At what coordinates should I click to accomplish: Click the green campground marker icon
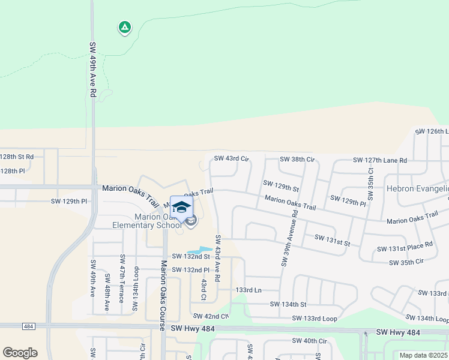[124, 27]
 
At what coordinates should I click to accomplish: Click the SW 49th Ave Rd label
[93, 70]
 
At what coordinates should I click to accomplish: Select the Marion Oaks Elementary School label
[146, 221]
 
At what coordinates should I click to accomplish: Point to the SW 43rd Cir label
[231, 158]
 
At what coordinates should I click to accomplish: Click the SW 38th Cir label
[297, 160]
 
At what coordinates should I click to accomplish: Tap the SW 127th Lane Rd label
[380, 160]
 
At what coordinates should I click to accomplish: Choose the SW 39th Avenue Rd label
[289, 238]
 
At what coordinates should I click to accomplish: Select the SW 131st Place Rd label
[405, 247]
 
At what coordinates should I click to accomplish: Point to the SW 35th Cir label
[406, 262]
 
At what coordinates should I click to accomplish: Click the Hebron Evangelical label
[418, 188]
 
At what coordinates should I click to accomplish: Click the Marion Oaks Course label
[162, 294]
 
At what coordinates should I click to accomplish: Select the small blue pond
[199, 250]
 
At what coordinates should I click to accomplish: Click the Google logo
[20, 353]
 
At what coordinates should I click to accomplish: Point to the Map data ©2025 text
[423, 355]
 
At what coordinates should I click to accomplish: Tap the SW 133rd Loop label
[315, 319]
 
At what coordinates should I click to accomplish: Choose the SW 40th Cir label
[309, 341]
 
